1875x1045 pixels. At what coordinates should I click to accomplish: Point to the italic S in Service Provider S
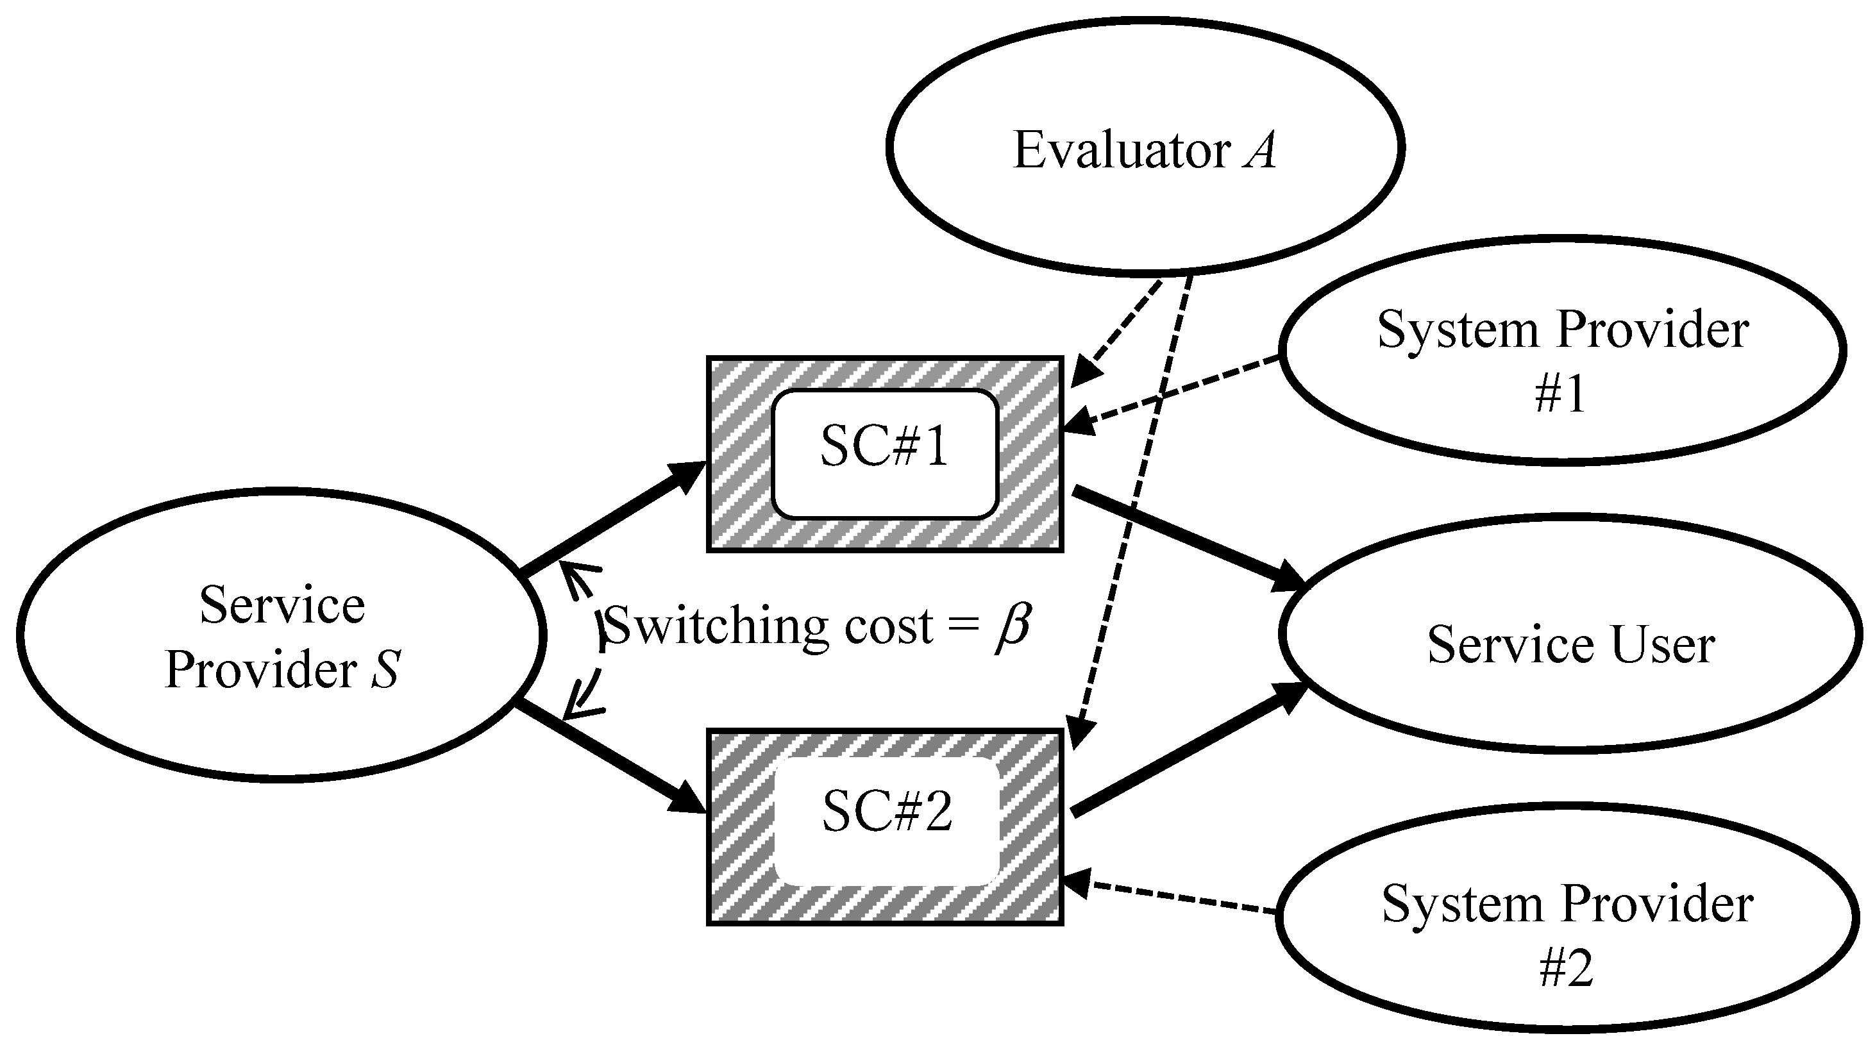click(x=385, y=669)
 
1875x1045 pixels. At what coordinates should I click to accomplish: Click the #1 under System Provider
click(x=1561, y=394)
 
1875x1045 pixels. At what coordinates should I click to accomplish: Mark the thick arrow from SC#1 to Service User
click(x=1186, y=537)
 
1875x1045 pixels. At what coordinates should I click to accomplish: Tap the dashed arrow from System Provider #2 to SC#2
click(x=1172, y=896)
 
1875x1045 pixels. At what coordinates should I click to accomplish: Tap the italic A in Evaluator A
click(x=1259, y=151)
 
